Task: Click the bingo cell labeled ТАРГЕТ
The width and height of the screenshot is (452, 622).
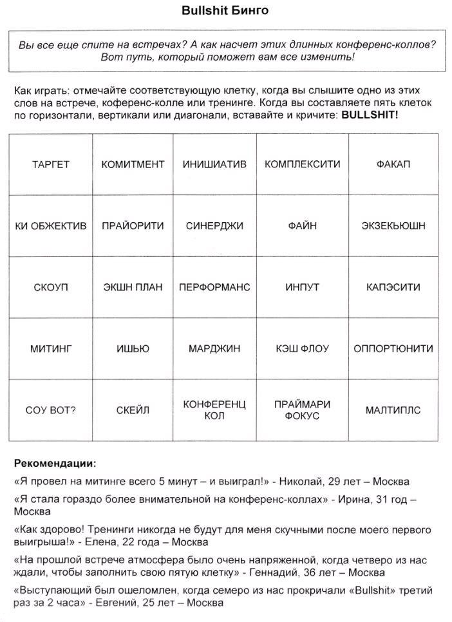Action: [50, 164]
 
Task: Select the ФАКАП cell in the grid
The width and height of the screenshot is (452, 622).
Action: [393, 164]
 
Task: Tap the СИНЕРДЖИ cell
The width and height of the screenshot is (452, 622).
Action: [214, 226]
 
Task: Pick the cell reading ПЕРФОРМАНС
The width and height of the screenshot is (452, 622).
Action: [214, 287]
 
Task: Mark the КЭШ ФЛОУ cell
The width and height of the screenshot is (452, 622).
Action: [302, 348]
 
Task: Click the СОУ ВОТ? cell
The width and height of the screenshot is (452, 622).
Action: [50, 410]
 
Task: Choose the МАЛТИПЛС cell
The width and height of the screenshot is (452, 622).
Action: [393, 410]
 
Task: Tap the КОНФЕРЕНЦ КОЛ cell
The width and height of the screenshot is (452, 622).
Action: [214, 410]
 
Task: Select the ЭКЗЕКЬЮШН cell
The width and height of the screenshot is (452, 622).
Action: [393, 226]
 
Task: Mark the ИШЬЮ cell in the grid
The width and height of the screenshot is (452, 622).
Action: [133, 348]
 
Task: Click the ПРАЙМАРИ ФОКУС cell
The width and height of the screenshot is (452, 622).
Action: [302, 410]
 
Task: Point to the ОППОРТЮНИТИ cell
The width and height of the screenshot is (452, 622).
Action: [393, 348]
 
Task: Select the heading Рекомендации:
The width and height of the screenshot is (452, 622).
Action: [55, 463]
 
